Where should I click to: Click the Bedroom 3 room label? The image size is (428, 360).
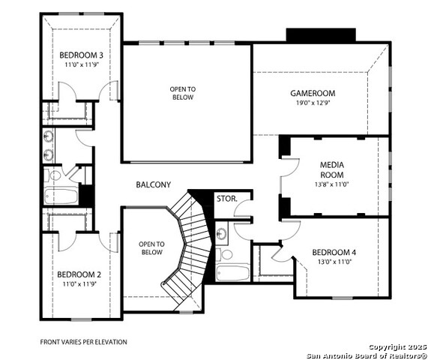(x=82, y=55)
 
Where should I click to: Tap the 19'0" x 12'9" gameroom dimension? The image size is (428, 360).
(x=313, y=103)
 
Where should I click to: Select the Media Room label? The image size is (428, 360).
(x=332, y=169)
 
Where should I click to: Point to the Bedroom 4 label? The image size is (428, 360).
(x=334, y=252)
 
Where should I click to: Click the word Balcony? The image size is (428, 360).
(x=154, y=184)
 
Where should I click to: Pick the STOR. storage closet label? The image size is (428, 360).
(x=227, y=199)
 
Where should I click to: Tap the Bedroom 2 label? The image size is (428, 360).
(x=79, y=274)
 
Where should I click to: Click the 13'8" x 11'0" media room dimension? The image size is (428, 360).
(x=332, y=184)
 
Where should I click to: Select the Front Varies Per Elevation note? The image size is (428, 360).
(x=83, y=342)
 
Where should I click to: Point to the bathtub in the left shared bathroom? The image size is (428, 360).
(x=61, y=196)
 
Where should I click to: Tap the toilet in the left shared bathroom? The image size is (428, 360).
(x=53, y=175)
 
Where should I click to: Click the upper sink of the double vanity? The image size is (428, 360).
(x=49, y=136)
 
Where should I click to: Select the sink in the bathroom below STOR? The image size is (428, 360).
(x=220, y=233)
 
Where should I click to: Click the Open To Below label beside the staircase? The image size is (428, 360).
(x=151, y=248)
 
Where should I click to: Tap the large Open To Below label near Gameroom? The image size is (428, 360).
(x=183, y=93)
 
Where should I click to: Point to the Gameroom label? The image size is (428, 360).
(x=313, y=93)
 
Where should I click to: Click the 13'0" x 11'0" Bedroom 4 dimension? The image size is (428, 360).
(x=334, y=262)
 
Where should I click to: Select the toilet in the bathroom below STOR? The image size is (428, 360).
(x=224, y=254)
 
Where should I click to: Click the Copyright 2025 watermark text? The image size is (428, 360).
(x=398, y=347)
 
